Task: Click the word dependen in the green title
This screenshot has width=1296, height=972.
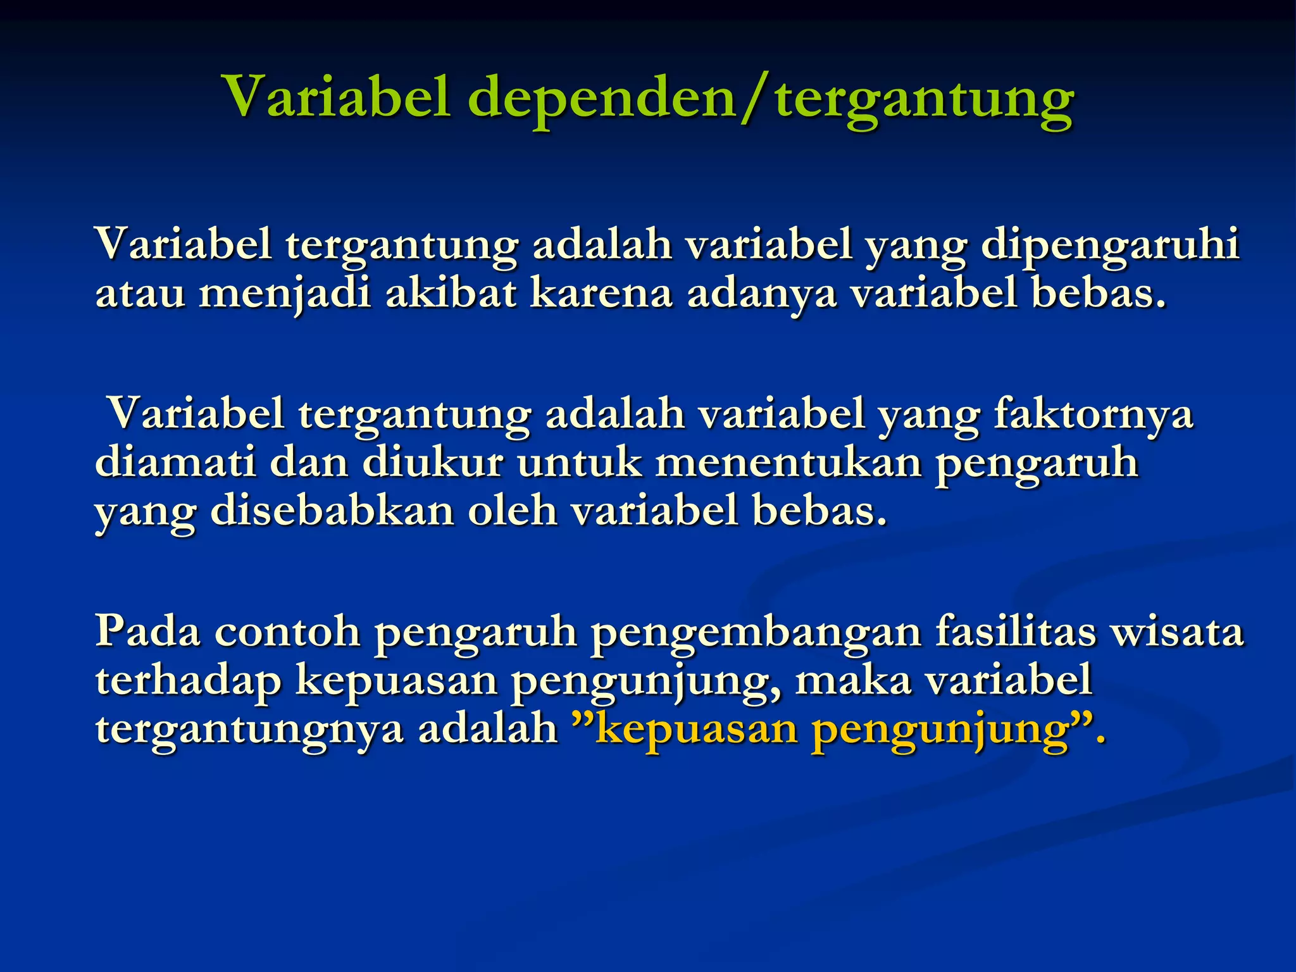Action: point(601,98)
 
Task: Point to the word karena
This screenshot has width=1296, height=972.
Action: point(601,294)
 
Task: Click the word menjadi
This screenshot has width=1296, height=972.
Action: point(285,295)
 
